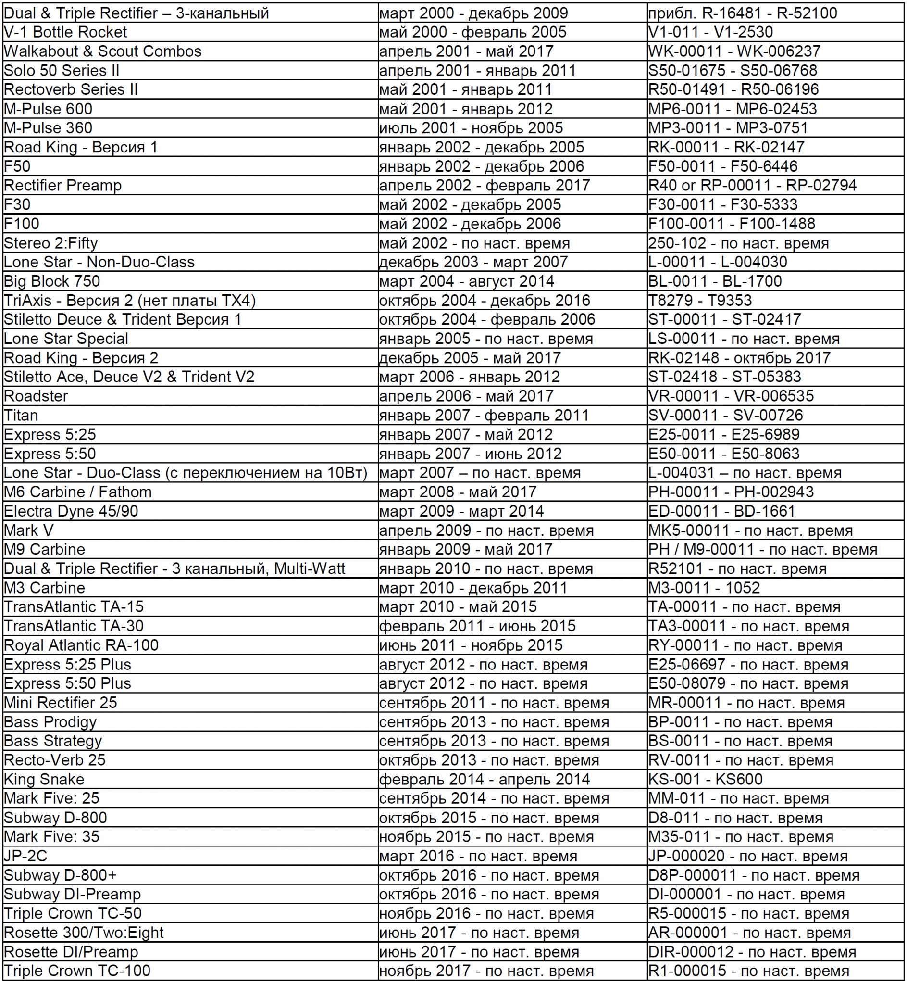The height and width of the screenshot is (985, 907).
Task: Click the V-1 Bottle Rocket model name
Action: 65,32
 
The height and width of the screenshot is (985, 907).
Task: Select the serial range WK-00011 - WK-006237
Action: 734,51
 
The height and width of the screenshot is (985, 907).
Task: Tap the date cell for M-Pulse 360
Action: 471,127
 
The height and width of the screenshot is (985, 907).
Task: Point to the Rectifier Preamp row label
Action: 63,185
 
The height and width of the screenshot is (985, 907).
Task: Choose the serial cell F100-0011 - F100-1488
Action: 731,224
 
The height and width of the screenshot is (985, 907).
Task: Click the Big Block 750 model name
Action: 52,281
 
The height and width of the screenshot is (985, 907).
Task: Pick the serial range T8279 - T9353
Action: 700,300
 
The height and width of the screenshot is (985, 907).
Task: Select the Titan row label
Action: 21,415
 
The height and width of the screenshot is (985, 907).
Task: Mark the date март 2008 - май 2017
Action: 458,492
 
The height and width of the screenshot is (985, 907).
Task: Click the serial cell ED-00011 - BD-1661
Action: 721,511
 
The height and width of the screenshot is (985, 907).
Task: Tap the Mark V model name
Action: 28,530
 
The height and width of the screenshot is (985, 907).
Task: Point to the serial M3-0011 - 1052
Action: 704,587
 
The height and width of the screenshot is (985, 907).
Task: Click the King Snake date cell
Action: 485,779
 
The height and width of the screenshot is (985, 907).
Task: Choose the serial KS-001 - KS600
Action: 705,779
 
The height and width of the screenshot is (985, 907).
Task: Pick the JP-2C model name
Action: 25,855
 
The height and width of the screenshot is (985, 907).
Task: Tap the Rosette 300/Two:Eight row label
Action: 84,932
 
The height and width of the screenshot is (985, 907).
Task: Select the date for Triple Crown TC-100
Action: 486,970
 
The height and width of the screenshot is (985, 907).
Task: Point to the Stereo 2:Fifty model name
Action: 51,242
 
